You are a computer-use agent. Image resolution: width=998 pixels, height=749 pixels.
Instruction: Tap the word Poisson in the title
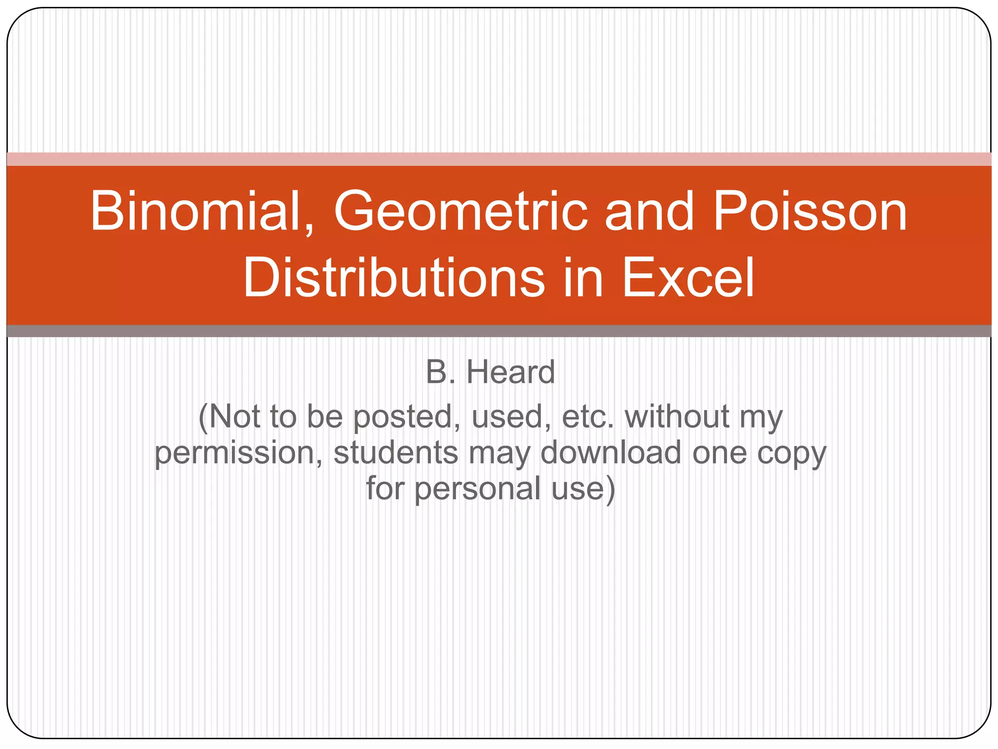coord(809,212)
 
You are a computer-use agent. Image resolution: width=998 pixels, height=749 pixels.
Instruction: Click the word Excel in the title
coord(688,278)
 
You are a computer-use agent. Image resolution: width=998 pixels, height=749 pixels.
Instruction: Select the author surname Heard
coord(510,372)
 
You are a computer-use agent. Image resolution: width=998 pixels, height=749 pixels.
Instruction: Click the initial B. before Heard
coord(441,372)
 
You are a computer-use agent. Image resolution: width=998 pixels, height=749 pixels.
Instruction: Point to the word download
coord(611,453)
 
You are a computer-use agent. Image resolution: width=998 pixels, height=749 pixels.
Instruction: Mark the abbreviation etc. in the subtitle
coord(587,417)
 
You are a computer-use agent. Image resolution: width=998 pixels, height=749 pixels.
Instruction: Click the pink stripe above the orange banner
coord(499,159)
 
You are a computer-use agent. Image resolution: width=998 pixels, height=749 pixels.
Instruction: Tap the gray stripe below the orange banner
coord(499,331)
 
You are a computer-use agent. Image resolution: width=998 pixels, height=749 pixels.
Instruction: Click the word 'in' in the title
coord(583,278)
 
